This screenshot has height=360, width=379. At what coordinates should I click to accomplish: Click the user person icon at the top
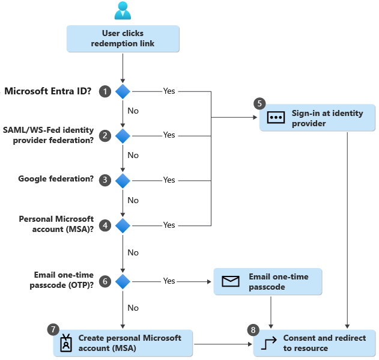pyautogui.click(x=123, y=10)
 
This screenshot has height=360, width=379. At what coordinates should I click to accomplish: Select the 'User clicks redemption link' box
pyautogui.click(x=123, y=38)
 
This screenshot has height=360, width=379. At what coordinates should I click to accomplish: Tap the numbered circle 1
pyautogui.click(x=106, y=91)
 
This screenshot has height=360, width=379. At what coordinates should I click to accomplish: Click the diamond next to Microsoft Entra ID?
pyautogui.click(x=123, y=91)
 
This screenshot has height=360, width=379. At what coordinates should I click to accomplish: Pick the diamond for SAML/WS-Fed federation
pyautogui.click(x=123, y=135)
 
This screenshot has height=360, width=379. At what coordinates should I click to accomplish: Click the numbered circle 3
pyautogui.click(x=106, y=180)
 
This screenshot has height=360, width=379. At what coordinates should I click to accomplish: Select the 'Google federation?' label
pyautogui.click(x=56, y=179)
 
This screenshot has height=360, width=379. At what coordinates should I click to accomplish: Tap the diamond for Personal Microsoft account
pyautogui.click(x=123, y=225)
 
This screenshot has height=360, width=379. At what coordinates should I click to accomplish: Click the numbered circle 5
pyautogui.click(x=259, y=103)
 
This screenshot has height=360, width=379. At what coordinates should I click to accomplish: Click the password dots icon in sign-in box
pyautogui.click(x=275, y=118)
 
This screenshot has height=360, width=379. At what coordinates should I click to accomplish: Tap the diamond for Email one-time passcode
pyautogui.click(x=123, y=281)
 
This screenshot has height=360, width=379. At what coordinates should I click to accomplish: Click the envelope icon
pyautogui.click(x=231, y=281)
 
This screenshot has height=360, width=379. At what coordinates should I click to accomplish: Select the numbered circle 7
pyautogui.click(x=53, y=329)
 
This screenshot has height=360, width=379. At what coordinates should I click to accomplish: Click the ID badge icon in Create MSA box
pyautogui.click(x=65, y=343)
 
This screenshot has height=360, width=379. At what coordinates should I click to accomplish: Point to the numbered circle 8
pyautogui.click(x=253, y=330)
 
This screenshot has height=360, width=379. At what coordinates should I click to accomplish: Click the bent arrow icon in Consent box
pyautogui.click(x=270, y=343)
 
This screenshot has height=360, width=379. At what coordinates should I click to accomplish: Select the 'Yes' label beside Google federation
pyautogui.click(x=169, y=180)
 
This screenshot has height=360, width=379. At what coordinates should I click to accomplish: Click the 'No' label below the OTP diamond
pyautogui.click(x=133, y=308)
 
